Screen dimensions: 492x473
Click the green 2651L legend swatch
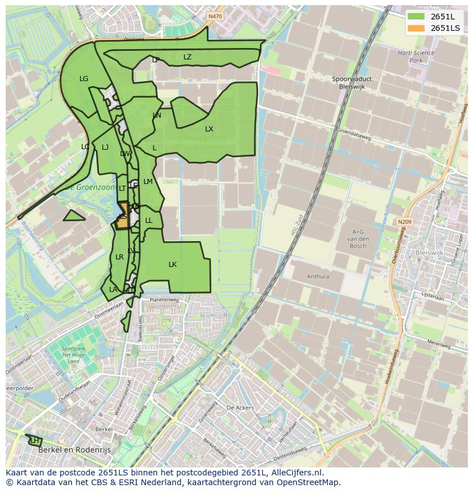coord(417,17)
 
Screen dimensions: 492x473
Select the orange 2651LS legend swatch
coord(417,28)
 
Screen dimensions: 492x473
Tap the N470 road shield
coord(215,17)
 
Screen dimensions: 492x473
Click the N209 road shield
coord(404,221)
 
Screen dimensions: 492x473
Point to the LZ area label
coord(187,57)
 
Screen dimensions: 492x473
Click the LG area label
coord(84,79)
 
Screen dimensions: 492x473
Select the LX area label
coord(209,129)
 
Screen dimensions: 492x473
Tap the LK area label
coord(173,265)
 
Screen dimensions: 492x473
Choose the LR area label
coord(119,257)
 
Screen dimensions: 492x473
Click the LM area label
coord(148,182)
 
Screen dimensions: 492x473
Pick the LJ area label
coord(105,147)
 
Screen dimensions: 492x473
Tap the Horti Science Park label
coord(416,57)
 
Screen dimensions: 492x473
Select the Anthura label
coord(318,277)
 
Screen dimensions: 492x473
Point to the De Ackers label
coord(240,408)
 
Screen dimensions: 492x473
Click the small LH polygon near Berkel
coord(35,441)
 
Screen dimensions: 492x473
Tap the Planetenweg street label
coord(164,299)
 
